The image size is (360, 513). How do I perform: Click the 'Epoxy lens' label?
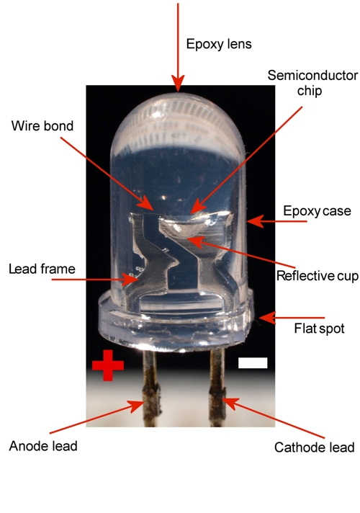click(219, 44)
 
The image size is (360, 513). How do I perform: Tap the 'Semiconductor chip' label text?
click(312, 83)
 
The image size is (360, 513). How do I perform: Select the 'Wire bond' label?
click(42, 126)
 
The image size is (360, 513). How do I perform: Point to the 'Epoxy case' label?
click(317, 211)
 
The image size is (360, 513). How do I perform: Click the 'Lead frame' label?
click(42, 269)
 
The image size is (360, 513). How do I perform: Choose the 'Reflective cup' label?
click(318, 276)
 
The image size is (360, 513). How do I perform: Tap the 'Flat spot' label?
click(319, 328)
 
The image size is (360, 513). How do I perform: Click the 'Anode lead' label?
click(43, 446)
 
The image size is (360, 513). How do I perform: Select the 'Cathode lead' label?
click(314, 447)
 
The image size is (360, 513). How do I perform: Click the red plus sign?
click(108, 365)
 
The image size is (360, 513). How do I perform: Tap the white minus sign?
click(253, 363)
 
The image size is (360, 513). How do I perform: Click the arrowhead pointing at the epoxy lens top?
click(178, 84)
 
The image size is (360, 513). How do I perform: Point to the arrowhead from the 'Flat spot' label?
click(267, 318)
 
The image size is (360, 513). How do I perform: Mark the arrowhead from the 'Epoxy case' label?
click(256, 221)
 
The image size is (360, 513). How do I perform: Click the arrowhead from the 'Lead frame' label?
click(130, 280)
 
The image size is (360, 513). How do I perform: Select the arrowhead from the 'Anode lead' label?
click(138, 406)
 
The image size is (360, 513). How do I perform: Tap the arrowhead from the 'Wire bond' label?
click(146, 203)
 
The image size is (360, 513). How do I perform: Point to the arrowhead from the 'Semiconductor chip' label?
click(197, 208)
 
